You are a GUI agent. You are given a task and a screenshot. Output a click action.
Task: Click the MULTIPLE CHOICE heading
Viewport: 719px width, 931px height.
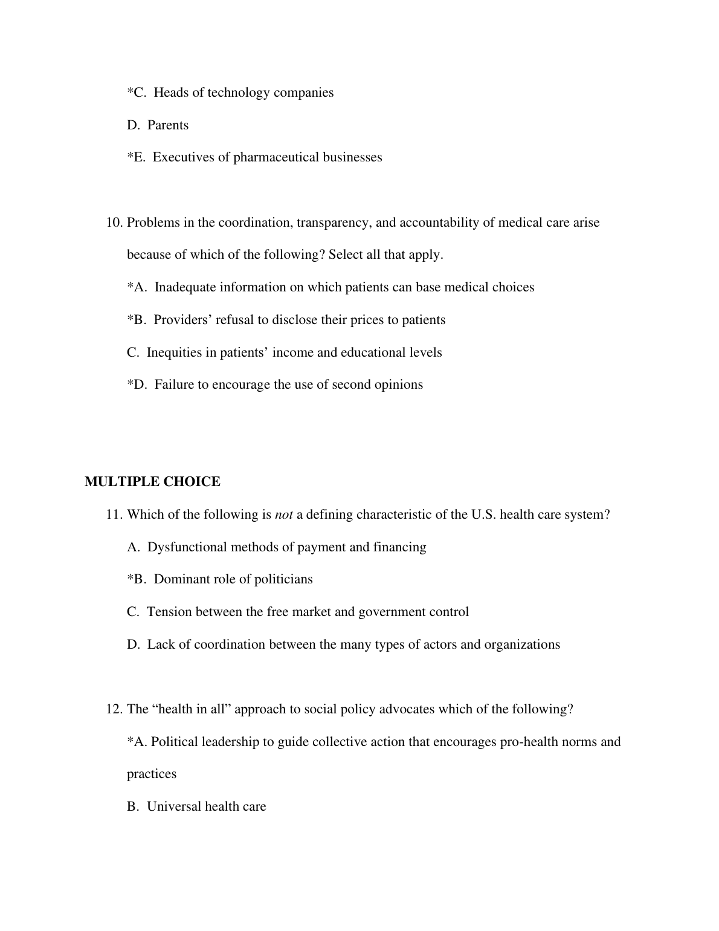152,482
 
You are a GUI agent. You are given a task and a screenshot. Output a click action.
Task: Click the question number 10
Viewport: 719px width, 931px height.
114,222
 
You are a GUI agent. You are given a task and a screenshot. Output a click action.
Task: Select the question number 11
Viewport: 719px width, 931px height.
114,514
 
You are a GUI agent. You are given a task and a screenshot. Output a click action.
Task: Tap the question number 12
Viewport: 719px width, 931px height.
114,709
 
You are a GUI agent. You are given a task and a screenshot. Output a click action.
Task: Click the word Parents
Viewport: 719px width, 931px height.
168,125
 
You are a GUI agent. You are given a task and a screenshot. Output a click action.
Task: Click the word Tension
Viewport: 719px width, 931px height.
167,612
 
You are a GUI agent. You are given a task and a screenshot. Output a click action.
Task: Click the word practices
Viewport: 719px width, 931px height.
152,774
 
